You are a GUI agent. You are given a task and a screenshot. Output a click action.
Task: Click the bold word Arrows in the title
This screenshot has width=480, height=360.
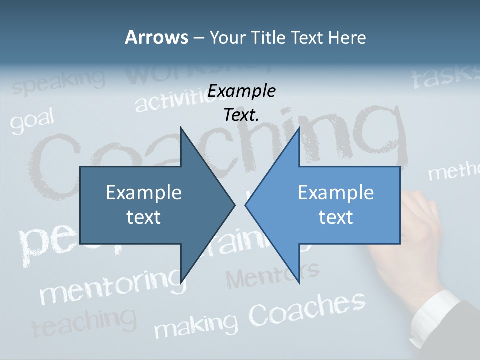point(156,37)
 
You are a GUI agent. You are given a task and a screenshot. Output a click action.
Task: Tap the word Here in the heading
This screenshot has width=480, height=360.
point(347,37)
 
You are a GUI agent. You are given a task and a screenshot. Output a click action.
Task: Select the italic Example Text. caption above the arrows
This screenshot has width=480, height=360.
point(242,103)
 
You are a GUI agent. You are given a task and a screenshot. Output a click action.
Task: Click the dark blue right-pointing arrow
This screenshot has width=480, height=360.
point(150,205)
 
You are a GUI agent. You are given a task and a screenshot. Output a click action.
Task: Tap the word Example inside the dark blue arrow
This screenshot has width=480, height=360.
point(144,193)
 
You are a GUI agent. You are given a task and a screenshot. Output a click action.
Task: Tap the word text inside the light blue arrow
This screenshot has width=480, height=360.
point(336,217)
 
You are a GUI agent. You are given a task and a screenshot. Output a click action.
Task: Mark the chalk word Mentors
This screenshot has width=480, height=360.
point(272,274)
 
